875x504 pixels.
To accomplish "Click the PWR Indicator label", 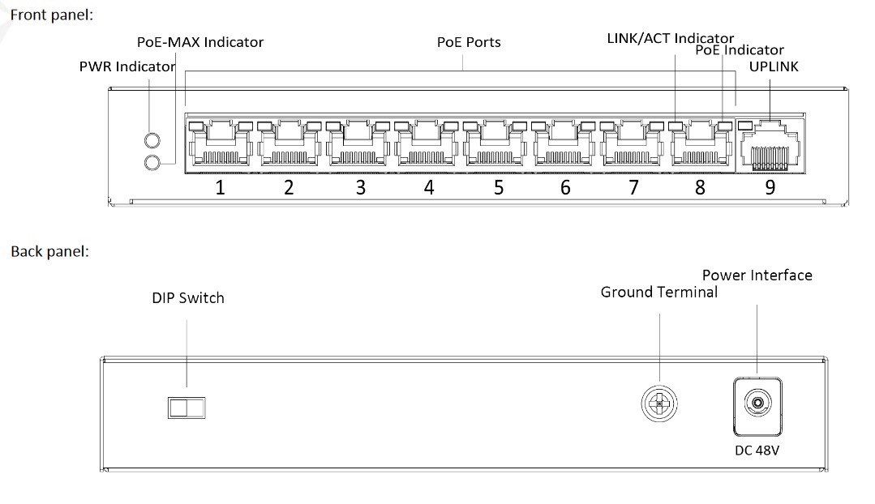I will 127,66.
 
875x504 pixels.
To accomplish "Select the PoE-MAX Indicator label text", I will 199,42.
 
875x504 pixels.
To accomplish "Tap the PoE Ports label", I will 469,42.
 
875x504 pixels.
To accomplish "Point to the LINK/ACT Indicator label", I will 670,38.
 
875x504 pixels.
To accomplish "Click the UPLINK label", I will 774,66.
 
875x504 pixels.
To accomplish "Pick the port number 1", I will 219,188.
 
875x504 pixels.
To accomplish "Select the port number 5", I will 499,188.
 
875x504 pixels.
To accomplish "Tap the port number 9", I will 770,188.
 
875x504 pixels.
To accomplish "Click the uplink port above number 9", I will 770,146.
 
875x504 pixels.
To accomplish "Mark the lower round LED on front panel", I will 151,163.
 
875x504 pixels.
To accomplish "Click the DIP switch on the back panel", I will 187,406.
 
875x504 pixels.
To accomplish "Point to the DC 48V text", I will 757,450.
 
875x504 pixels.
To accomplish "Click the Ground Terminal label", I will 658,292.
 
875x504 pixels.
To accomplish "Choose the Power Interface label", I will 757,275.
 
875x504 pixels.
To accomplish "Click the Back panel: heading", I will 49,251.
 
